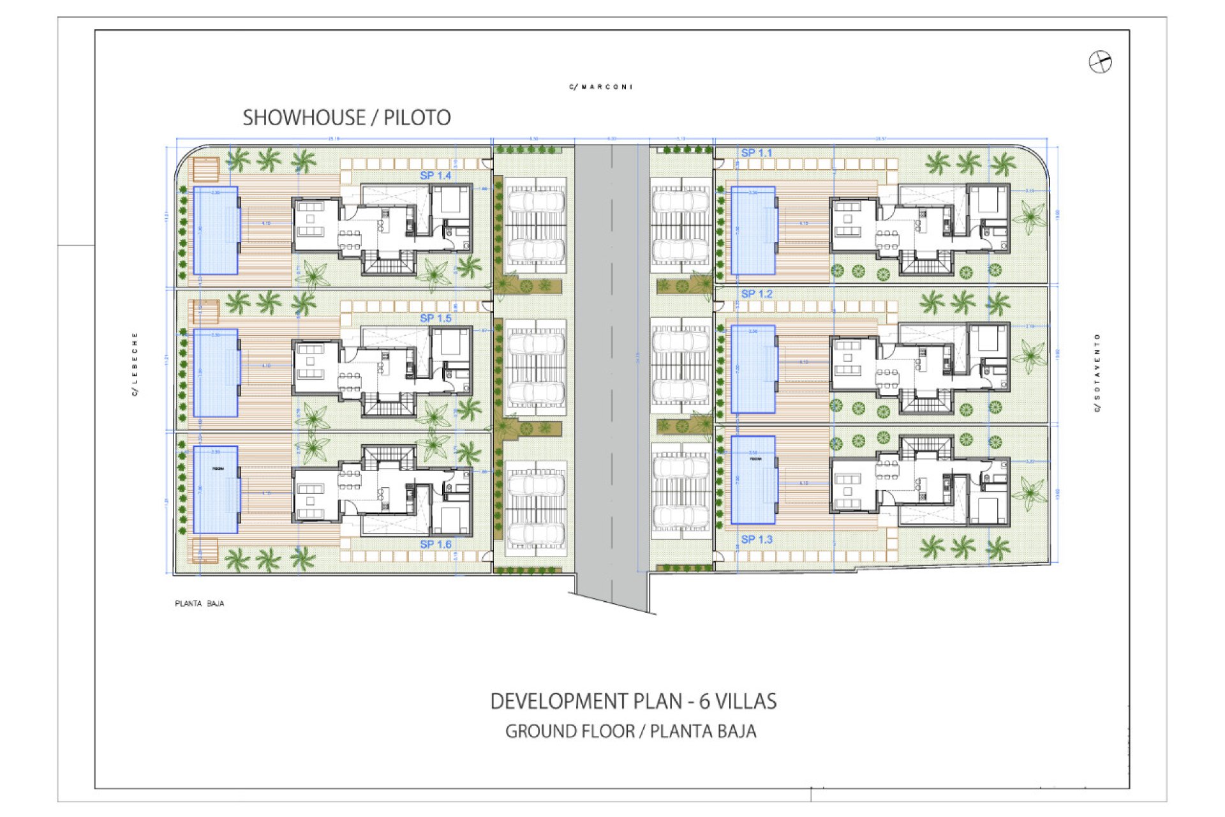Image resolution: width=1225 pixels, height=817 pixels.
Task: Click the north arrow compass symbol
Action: pos(1100,63)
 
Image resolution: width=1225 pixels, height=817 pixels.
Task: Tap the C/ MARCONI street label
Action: pos(601,87)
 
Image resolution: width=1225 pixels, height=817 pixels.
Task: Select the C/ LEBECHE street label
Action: pos(135,364)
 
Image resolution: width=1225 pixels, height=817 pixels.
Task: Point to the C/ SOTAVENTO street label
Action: pos(1097,373)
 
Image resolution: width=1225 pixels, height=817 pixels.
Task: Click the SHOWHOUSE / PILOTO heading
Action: pos(346,118)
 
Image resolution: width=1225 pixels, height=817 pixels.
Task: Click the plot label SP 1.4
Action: pos(435,176)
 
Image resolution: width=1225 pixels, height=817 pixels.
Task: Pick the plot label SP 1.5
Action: pos(435,318)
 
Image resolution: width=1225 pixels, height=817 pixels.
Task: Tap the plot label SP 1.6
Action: pos(435,544)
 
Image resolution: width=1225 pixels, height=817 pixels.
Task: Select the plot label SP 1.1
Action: pos(756,153)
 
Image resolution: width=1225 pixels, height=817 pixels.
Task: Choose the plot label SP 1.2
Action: pos(756,294)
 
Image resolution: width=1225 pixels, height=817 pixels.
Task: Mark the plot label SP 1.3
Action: pos(756,540)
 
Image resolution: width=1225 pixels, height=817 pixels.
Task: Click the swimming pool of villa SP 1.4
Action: pos(216,230)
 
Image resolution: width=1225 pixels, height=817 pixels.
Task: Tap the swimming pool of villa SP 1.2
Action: pos(753,369)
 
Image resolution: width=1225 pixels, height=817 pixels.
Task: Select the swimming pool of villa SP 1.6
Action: pos(216,490)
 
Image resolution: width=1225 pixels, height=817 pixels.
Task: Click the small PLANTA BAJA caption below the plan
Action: pos(199,603)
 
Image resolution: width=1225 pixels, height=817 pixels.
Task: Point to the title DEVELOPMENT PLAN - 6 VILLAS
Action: pos(633,701)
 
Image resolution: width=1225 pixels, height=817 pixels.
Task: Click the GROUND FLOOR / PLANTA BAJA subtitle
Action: pos(630,731)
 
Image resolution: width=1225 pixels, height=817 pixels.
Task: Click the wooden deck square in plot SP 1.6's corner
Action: pos(205,551)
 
